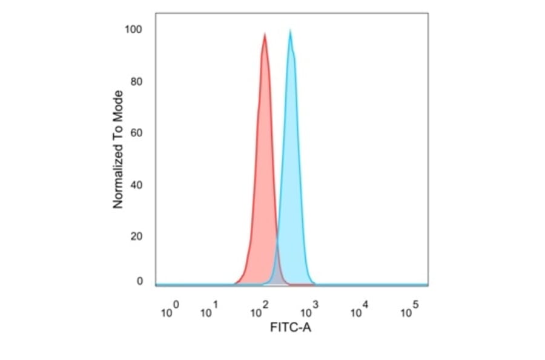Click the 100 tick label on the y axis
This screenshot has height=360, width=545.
pyautogui.click(x=134, y=30)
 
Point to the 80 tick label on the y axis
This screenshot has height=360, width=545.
pyautogui.click(x=137, y=81)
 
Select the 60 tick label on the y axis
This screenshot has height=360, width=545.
pyautogui.click(x=137, y=133)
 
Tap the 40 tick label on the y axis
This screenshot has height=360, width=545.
pyautogui.click(x=137, y=184)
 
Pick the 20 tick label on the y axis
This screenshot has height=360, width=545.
pyautogui.click(x=137, y=236)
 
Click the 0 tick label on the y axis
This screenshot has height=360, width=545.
pyautogui.click(x=139, y=281)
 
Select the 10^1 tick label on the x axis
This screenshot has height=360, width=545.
pyautogui.click(x=210, y=312)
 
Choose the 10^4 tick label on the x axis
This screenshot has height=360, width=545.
pyautogui.click(x=360, y=312)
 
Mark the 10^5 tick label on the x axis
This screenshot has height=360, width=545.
pyautogui.click(x=411, y=312)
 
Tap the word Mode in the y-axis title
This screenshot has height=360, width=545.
pyautogui.click(x=118, y=104)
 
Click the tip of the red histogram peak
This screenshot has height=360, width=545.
pyautogui.click(x=265, y=34)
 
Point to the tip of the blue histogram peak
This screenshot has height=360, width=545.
pyautogui.click(x=291, y=30)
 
